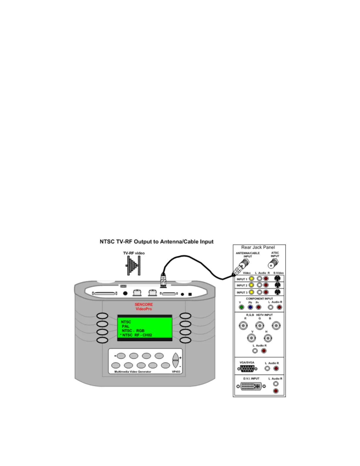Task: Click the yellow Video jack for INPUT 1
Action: coord(251,278)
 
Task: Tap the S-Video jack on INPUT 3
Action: coord(277,292)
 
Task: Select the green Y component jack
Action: coord(241,307)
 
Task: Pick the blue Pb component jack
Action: coord(250,307)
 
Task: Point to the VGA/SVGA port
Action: coord(247,368)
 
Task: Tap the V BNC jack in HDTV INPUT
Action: coord(251,338)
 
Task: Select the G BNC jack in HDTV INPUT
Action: coord(259,326)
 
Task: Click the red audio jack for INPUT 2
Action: coord(266,285)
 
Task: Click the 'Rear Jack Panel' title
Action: coord(258,247)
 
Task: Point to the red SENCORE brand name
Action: coord(144,304)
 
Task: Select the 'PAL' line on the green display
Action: coord(126,326)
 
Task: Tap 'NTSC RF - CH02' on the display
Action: coord(137,335)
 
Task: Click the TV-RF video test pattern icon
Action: coord(134,265)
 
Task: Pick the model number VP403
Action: coord(176,372)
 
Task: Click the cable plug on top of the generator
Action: coord(163,281)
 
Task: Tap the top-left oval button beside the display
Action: coord(102,316)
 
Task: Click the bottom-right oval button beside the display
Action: coord(186,340)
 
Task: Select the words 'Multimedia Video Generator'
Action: coord(133,372)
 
